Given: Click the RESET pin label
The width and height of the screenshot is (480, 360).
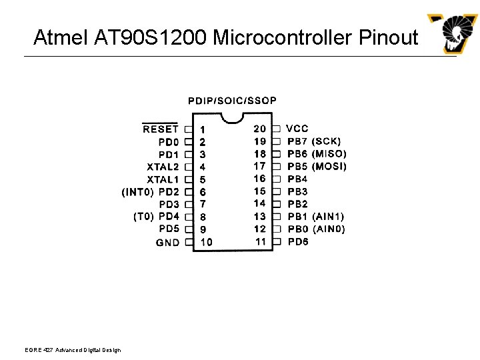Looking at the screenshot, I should pyautogui.click(x=161, y=129).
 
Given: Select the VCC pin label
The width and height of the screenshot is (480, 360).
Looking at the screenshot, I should pyautogui.click(x=297, y=128).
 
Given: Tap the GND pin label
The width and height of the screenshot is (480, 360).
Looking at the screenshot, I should pyautogui.click(x=168, y=242).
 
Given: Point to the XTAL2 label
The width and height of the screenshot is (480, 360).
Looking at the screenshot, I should pyautogui.click(x=163, y=167).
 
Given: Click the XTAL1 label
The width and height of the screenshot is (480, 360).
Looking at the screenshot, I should pyautogui.click(x=163, y=179).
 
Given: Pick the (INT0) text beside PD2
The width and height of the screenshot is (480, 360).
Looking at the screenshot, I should pyautogui.click(x=138, y=192).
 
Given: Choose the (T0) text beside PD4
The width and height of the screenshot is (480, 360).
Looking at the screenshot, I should pyautogui.click(x=144, y=217).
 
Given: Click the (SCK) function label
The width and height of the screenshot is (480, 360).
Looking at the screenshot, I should pyautogui.click(x=327, y=141).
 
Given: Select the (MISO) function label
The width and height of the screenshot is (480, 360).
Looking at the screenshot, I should pyautogui.click(x=329, y=153).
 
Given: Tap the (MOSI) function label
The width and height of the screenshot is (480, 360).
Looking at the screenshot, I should pyautogui.click(x=329, y=166).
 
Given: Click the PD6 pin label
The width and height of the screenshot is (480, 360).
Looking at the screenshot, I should pyautogui.click(x=298, y=241).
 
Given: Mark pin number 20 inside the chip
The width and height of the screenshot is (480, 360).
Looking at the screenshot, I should pyautogui.click(x=259, y=128).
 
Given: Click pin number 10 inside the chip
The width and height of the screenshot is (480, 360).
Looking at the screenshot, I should pyautogui.click(x=206, y=242).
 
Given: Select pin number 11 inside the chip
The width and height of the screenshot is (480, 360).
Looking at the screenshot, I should pyautogui.click(x=260, y=241).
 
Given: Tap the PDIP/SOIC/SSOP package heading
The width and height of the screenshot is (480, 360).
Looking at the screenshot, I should pyautogui.click(x=232, y=101).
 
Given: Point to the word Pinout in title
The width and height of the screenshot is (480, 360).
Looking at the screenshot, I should pyautogui.click(x=388, y=37).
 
